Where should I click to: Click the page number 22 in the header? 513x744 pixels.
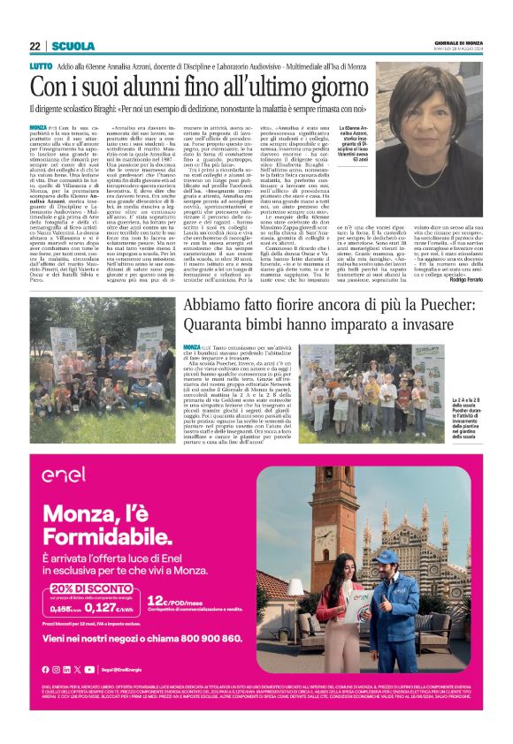click(x=34, y=46)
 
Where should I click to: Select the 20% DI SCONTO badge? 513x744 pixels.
click(x=87, y=589)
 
